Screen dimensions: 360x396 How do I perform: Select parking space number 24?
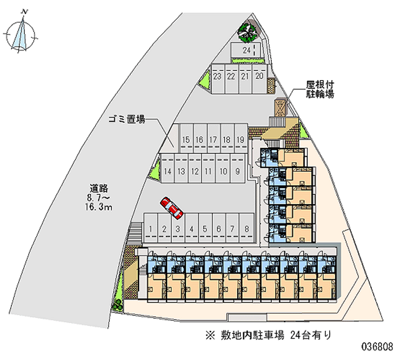pos(246,50)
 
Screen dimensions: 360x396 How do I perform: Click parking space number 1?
pos(149,229)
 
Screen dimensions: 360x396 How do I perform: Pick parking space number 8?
pos(247,229)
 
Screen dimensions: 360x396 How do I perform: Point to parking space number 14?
pos(168,171)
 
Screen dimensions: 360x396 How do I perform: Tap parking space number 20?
pos(259,76)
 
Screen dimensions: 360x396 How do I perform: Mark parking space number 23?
pos(217,76)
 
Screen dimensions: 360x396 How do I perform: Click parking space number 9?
pos(238,171)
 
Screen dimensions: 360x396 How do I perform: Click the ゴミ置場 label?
pos(127,119)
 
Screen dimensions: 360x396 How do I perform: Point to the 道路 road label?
pos(99,188)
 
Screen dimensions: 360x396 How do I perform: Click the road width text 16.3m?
pos(99,207)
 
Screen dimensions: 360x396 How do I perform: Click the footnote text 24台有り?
pos(311,335)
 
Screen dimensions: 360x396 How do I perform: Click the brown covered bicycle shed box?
pos(280,107)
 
